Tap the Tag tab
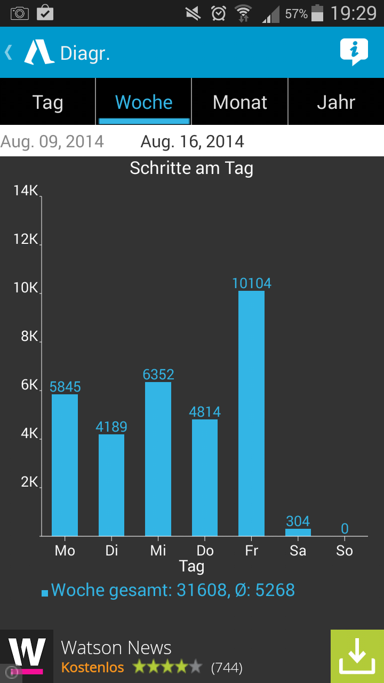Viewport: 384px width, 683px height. click(x=47, y=102)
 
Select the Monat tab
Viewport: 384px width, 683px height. click(x=239, y=102)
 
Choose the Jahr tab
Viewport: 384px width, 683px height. click(x=336, y=102)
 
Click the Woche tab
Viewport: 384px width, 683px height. click(x=143, y=102)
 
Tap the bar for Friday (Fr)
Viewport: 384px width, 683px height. click(x=251, y=414)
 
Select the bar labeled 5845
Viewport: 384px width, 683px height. click(x=65, y=465)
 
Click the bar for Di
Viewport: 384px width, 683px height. click(x=111, y=485)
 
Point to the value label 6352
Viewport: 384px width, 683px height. click(x=158, y=375)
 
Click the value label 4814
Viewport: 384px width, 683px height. click(x=205, y=412)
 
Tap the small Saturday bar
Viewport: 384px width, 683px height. click(x=298, y=532)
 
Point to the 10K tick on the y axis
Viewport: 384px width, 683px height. click(x=26, y=288)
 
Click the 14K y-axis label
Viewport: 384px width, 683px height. click(x=26, y=190)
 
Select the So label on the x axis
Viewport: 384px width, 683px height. click(x=345, y=551)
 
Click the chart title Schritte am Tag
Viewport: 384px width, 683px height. click(x=191, y=168)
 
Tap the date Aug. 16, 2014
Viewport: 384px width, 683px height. click(x=192, y=141)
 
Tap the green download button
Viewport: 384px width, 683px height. click(x=357, y=656)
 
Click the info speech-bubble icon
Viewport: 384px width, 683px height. click(x=354, y=52)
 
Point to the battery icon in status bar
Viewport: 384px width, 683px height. click(x=317, y=13)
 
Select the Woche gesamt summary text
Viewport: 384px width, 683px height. click(x=172, y=590)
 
